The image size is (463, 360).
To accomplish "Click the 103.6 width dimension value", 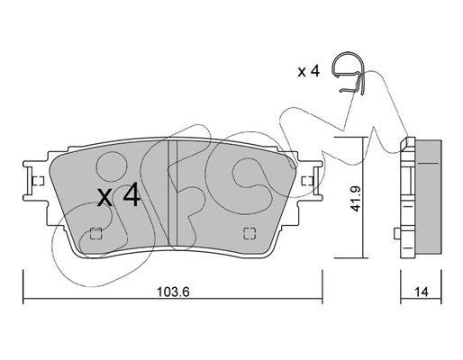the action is pyautogui.click(x=173, y=292).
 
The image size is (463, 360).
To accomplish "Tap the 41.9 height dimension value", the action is pyautogui.click(x=356, y=199).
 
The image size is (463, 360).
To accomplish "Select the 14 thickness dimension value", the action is pyautogui.click(x=422, y=292).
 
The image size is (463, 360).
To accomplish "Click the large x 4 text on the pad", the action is pyautogui.click(x=119, y=195).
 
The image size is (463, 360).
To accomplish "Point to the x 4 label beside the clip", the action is pyautogui.click(x=308, y=71).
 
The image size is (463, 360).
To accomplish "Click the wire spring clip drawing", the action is pyautogui.click(x=349, y=74).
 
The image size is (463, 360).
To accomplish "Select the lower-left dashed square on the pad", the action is pyautogui.click(x=96, y=233).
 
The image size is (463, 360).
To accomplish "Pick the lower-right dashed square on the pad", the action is pyautogui.click(x=250, y=233).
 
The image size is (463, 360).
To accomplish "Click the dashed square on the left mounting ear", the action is pyautogui.click(x=38, y=181).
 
